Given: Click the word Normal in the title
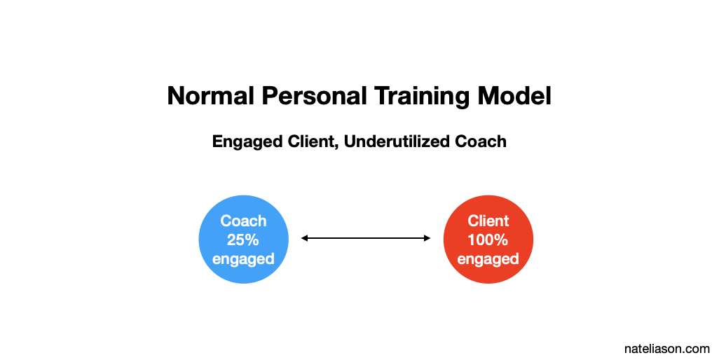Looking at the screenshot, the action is click(210, 96).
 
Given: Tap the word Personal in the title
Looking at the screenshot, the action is click(314, 96).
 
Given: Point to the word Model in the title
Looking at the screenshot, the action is click(514, 96).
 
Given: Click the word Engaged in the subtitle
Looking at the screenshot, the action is click(247, 142).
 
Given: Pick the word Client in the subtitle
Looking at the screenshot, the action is click(314, 141).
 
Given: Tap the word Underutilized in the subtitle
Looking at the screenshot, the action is click(397, 141).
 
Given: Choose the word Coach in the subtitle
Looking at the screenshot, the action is click(481, 141).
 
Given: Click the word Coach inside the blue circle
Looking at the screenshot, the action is click(243, 221).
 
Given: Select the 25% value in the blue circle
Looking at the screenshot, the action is click(243, 240).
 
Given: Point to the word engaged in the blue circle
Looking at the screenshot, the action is click(243, 259).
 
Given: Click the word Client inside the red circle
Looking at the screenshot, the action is click(488, 221).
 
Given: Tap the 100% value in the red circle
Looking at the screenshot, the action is click(488, 240).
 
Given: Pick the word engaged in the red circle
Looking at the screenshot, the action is click(488, 259).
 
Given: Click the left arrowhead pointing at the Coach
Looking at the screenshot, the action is click(304, 238).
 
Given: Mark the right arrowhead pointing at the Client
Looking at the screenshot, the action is click(427, 238).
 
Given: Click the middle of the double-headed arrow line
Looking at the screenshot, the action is click(366, 238).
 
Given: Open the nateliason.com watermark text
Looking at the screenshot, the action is click(666, 349).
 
